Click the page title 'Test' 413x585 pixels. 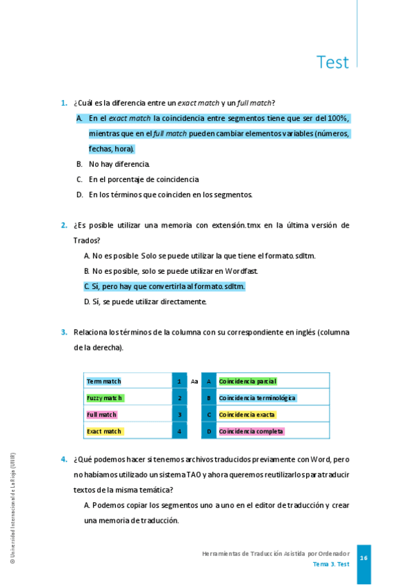332,62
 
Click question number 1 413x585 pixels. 63,103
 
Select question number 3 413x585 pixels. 63,332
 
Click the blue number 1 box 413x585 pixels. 179,381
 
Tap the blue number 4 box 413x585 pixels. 179,431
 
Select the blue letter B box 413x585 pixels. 208,398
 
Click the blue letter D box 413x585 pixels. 208,431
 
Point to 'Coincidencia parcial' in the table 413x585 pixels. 248,381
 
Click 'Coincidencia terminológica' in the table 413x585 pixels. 257,398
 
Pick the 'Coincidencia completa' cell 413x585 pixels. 251,431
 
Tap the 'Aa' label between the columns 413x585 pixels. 194,381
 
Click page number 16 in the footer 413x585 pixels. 363,558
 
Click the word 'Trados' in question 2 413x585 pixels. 87,240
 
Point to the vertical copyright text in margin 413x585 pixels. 12,508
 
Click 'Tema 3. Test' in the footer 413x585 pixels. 331,564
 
